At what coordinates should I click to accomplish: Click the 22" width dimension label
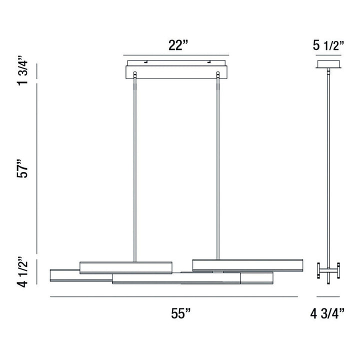coord(177,45)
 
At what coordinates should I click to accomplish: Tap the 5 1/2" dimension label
coord(328,46)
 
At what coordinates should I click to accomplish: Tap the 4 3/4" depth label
coord(328,314)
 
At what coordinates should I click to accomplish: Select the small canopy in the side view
coord(328,65)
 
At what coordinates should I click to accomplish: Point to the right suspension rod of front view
coord(218,165)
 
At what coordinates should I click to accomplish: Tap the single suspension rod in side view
coord(328,165)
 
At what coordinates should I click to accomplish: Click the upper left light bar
coord(126,267)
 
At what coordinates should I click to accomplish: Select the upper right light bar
coord(248,264)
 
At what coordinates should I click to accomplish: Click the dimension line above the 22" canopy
coord(176,55)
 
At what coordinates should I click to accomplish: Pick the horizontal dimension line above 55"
coord(173,297)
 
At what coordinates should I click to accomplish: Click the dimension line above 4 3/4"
coord(328,297)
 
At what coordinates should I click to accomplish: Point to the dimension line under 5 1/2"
coord(328,55)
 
